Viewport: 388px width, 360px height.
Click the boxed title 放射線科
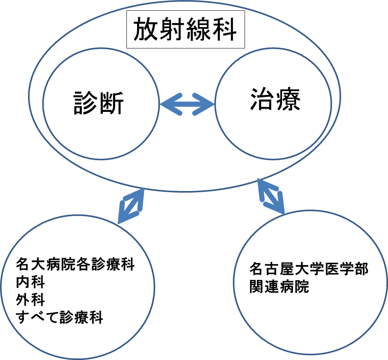pyautogui.click(x=185, y=29)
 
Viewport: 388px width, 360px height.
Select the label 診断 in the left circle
pyautogui.click(x=99, y=103)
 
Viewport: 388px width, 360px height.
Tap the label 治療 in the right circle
pyautogui.click(x=275, y=99)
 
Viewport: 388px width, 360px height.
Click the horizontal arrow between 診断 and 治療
pyautogui.click(x=187, y=104)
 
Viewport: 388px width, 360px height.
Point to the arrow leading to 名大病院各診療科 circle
pyautogui.click(x=131, y=206)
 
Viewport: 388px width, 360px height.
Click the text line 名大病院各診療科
pyautogui.click(x=75, y=264)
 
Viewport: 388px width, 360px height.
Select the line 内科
pyautogui.click(x=30, y=282)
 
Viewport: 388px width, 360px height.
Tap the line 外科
pyautogui.click(x=30, y=300)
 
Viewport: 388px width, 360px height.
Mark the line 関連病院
pyautogui.click(x=279, y=286)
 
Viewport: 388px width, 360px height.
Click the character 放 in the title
pyautogui.click(x=146, y=29)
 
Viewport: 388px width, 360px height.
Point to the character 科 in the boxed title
pyautogui.click(x=224, y=29)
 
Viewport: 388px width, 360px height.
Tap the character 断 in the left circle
pyautogui.click(x=111, y=103)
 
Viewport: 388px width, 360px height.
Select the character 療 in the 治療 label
pyautogui.click(x=288, y=99)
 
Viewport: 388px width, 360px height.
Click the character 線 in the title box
pyautogui.click(x=198, y=29)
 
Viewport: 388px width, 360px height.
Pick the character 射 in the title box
pyautogui.click(x=172, y=29)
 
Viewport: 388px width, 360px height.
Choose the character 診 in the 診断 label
pyautogui.click(x=86, y=103)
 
